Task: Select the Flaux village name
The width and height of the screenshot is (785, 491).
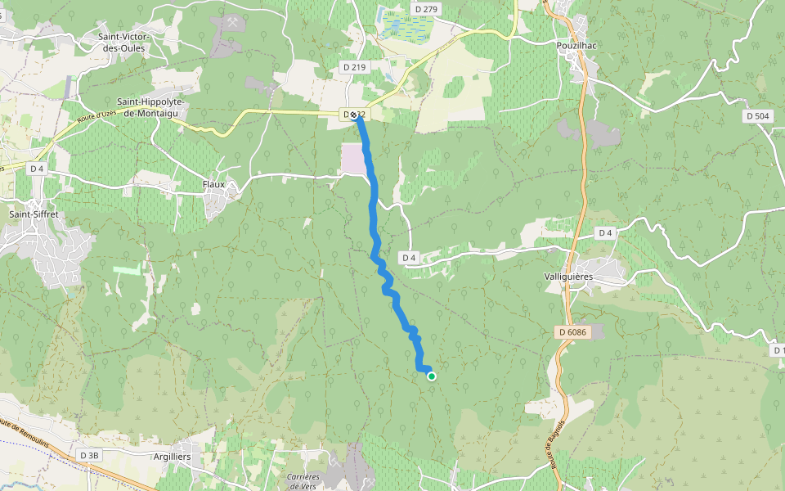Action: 213,185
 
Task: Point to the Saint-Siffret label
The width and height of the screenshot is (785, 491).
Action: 34,214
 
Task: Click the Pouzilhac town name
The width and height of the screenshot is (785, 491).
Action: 576,46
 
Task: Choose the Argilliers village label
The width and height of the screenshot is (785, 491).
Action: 172,457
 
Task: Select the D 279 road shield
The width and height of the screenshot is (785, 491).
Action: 427,9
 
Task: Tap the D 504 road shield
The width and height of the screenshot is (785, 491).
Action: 758,116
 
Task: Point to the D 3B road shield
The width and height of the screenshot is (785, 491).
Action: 89,455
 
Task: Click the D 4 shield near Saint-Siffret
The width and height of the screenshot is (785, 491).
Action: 36,169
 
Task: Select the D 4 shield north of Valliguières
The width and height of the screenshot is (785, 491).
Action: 605,233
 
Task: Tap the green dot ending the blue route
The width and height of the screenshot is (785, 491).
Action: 431,376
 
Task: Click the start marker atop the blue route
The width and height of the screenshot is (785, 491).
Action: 354,115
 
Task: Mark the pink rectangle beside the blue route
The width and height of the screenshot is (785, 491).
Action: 353,159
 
